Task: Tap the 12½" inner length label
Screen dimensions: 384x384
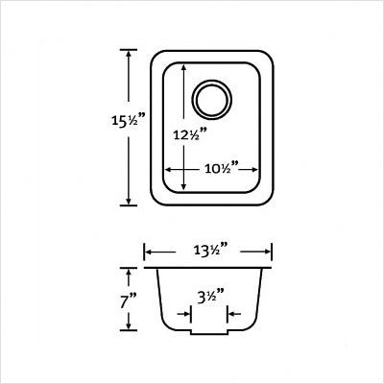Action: (x=189, y=133)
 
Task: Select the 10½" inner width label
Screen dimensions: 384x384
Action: (x=222, y=168)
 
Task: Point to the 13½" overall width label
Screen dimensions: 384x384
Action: (x=210, y=250)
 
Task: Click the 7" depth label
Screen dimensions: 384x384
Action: (x=129, y=300)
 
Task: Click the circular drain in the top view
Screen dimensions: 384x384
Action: (x=211, y=100)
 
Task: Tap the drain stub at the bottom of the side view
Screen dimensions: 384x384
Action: (x=209, y=332)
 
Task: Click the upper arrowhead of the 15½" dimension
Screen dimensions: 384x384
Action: (x=129, y=55)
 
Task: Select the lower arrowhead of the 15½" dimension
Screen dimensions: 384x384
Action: (x=129, y=200)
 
